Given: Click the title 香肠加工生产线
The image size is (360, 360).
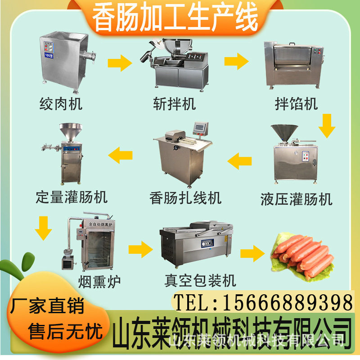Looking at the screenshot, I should click(x=175, y=17).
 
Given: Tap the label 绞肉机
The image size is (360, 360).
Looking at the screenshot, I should click(x=61, y=104).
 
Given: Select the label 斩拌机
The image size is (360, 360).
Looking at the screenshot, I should click(x=174, y=104).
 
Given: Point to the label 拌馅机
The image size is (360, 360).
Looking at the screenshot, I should click(x=296, y=104).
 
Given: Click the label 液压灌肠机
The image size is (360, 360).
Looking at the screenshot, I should click(x=296, y=198).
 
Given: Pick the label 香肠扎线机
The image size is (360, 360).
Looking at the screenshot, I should click(x=186, y=197).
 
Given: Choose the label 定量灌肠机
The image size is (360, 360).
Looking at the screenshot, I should click(x=72, y=197).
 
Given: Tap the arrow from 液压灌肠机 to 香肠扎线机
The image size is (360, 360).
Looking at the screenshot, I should click(x=239, y=159).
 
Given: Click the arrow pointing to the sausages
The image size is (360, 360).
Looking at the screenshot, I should click(x=252, y=253).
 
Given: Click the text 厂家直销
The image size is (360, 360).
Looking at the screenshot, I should click(x=47, y=307).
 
